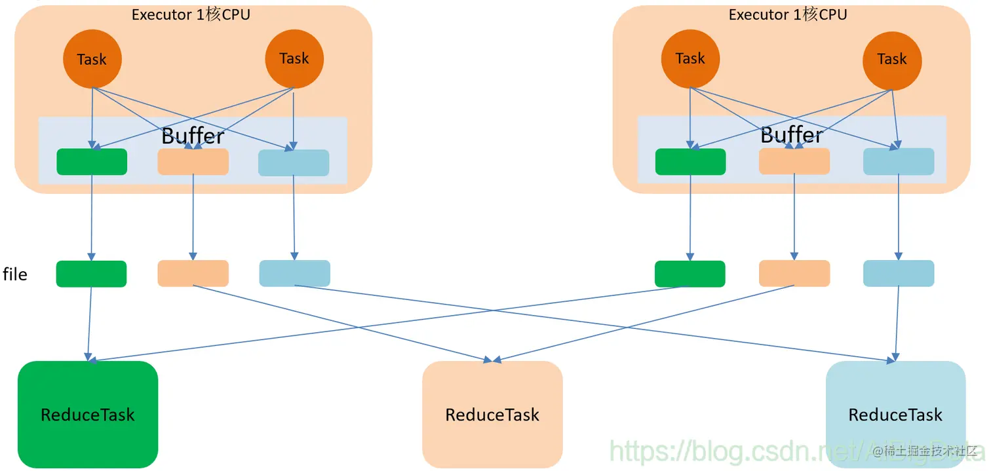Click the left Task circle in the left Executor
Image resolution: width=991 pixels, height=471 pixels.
pos(92,60)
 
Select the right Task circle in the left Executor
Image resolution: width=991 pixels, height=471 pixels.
pos(294,59)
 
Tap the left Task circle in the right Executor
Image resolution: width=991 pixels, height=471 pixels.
pos(690,59)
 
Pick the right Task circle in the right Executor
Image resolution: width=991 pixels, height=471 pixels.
pos(892,59)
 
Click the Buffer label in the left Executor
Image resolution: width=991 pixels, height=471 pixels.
pos(193,136)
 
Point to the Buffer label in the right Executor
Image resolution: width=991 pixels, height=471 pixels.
pos(792,135)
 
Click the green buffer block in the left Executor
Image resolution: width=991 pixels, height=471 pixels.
pos(92,162)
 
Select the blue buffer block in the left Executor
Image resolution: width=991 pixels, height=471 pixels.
pos(294,162)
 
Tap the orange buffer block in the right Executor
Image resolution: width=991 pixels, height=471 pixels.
pos(794,161)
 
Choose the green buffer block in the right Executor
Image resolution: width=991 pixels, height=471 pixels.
pos(690,162)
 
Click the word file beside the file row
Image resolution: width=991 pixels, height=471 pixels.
pos(15,274)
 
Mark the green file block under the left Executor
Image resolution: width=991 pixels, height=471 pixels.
pos(91,274)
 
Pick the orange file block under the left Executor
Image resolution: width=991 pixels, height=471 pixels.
pos(193,273)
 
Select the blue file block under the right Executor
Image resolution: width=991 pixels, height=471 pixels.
pos(899,273)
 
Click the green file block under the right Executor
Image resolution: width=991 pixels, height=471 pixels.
pos(690,274)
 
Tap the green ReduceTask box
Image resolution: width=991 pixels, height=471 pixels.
pos(88,414)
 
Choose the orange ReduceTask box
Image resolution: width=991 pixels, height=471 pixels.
pos(492,414)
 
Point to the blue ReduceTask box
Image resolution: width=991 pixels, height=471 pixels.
pos(895,414)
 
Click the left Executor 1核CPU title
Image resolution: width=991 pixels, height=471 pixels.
pos(191,14)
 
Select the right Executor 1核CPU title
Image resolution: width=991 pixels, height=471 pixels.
pos(788,14)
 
